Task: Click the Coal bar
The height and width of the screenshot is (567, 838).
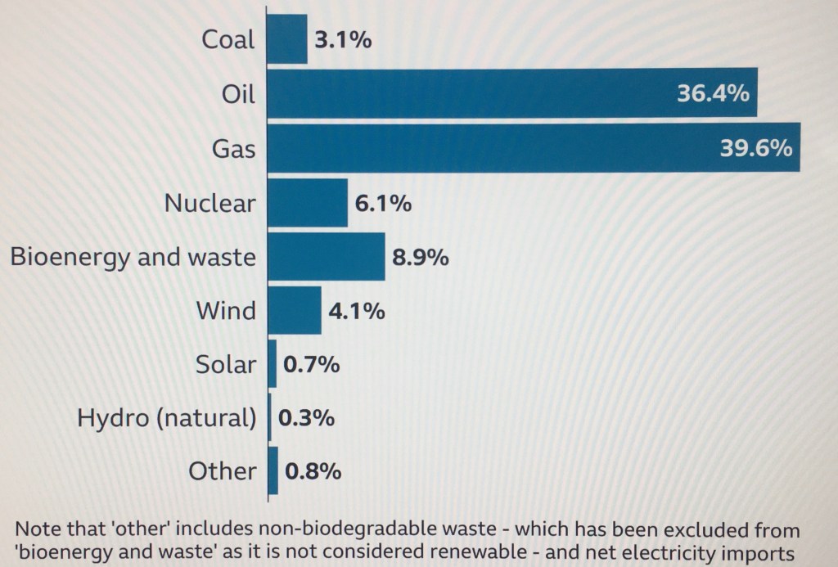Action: pyautogui.click(x=287, y=39)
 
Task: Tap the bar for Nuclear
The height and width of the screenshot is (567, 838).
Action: pyautogui.click(x=308, y=203)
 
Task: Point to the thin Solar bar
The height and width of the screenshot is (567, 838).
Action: pyautogui.click(x=273, y=365)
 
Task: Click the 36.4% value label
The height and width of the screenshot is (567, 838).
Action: pyautogui.click(x=713, y=94)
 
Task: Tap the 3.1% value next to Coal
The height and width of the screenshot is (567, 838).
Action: pyautogui.click(x=343, y=40)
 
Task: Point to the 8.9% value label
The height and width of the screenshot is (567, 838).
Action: pyautogui.click(x=420, y=258)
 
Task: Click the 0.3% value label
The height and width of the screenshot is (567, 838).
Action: pyautogui.click(x=306, y=418)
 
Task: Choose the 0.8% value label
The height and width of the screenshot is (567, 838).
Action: pyautogui.click(x=313, y=472)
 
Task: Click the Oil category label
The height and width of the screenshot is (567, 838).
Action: pyautogui.click(x=239, y=94)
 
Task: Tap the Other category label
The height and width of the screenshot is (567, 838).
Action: pyautogui.click(x=222, y=472)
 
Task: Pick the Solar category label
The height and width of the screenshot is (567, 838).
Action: pyautogui.click(x=226, y=365)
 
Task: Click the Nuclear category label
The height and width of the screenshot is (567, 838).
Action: pyautogui.click(x=210, y=203)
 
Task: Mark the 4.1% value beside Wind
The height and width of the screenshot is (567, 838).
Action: pyautogui.click(x=357, y=312)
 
